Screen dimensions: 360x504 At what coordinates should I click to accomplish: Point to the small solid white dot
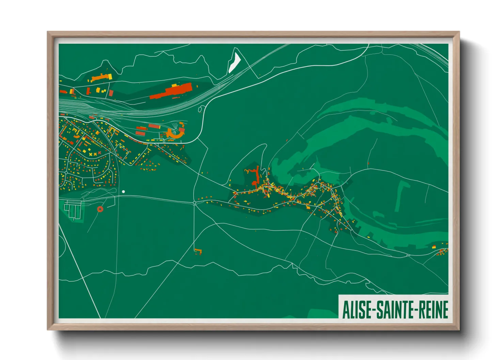click(123, 192)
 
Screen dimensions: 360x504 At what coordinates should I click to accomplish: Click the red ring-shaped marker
click(100, 209)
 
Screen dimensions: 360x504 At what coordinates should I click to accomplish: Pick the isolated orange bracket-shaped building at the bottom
click(198, 251)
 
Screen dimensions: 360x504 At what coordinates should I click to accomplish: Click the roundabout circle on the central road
click(194, 203)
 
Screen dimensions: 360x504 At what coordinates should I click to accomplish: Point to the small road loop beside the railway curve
click(201, 109)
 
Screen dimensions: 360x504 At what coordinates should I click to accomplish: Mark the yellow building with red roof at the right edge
click(434, 247)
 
